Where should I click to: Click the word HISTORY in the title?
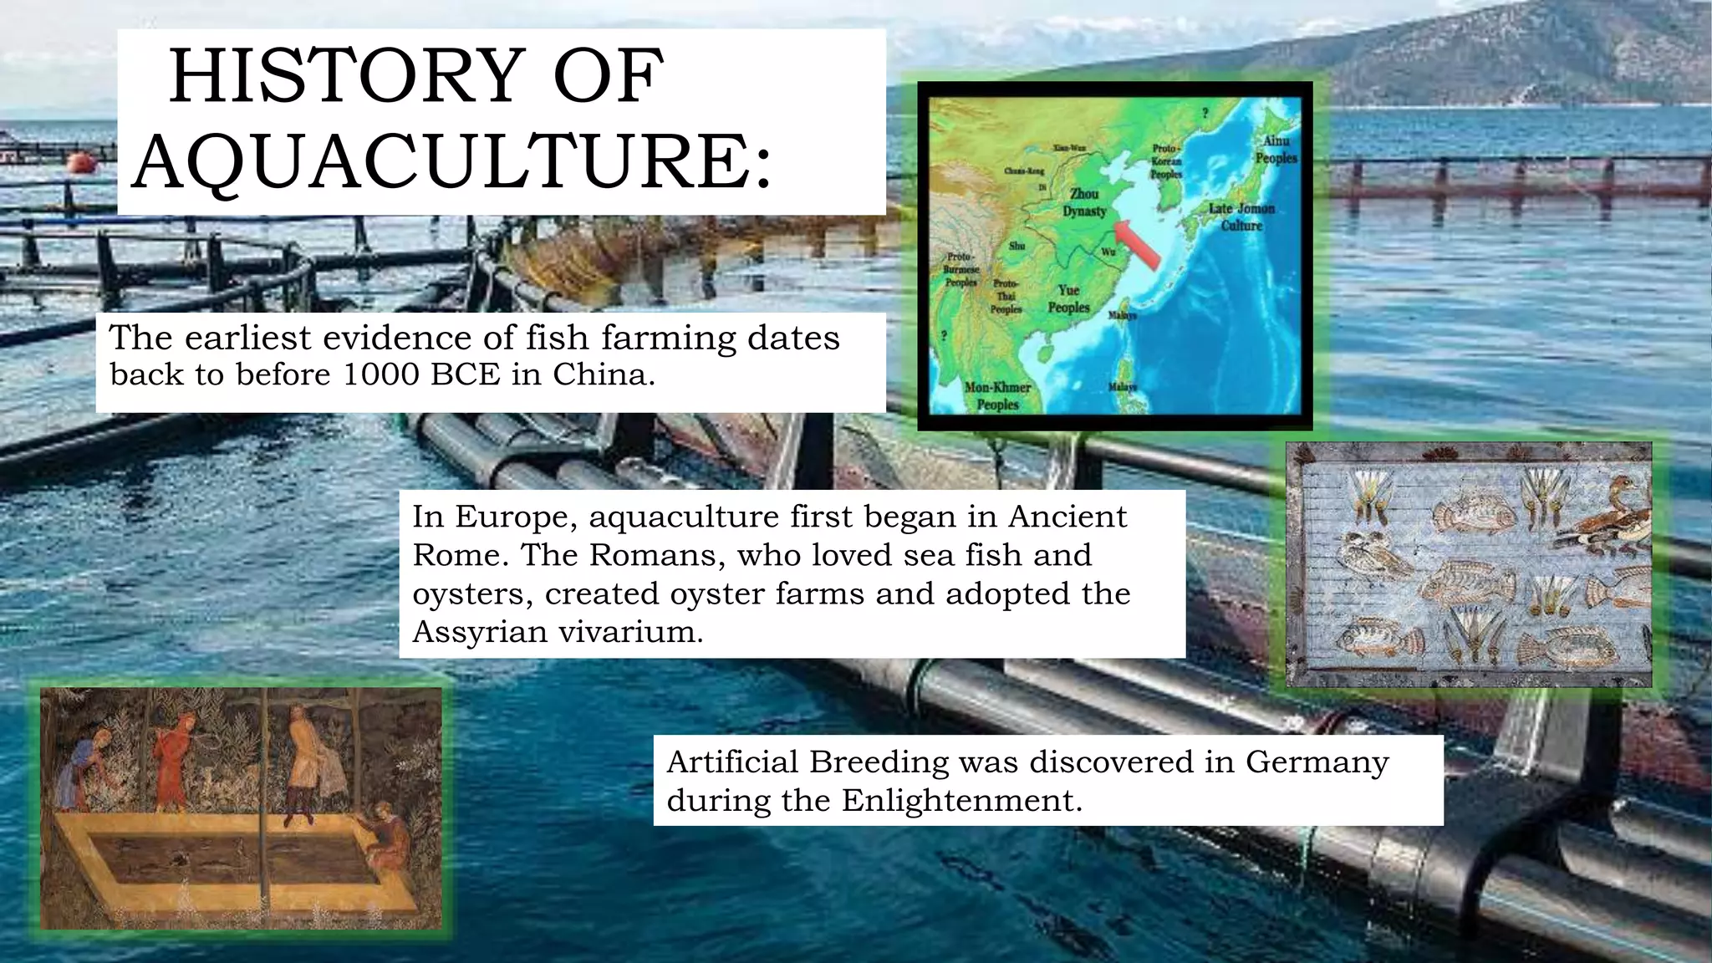click(348, 77)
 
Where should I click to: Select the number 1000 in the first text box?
click(380, 374)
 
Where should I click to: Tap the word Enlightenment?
click(961, 801)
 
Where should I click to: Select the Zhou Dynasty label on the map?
click(1084, 202)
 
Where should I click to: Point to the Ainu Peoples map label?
click(1276, 150)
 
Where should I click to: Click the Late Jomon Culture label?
click(1241, 217)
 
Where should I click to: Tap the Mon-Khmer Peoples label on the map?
click(997, 396)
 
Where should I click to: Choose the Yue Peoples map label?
click(1069, 298)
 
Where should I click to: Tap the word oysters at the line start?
click(472, 594)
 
